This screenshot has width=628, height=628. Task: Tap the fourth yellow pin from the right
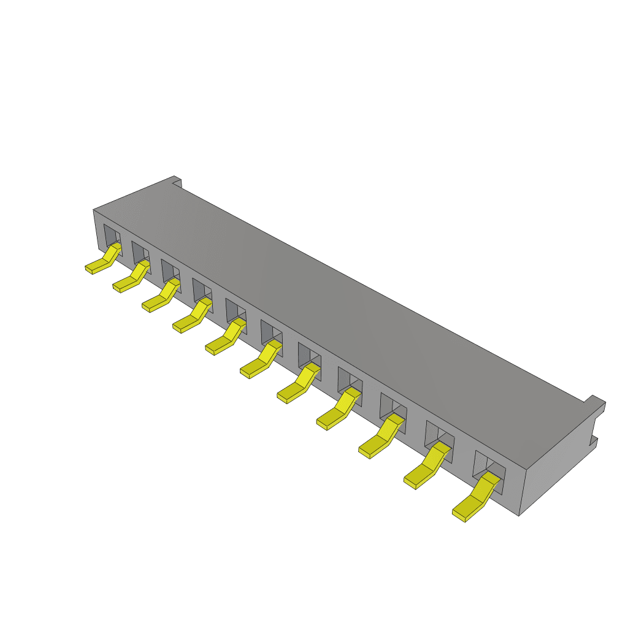point(336,413)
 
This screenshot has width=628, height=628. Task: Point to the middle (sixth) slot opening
point(271,334)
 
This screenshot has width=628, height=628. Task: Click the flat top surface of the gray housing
point(343,307)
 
